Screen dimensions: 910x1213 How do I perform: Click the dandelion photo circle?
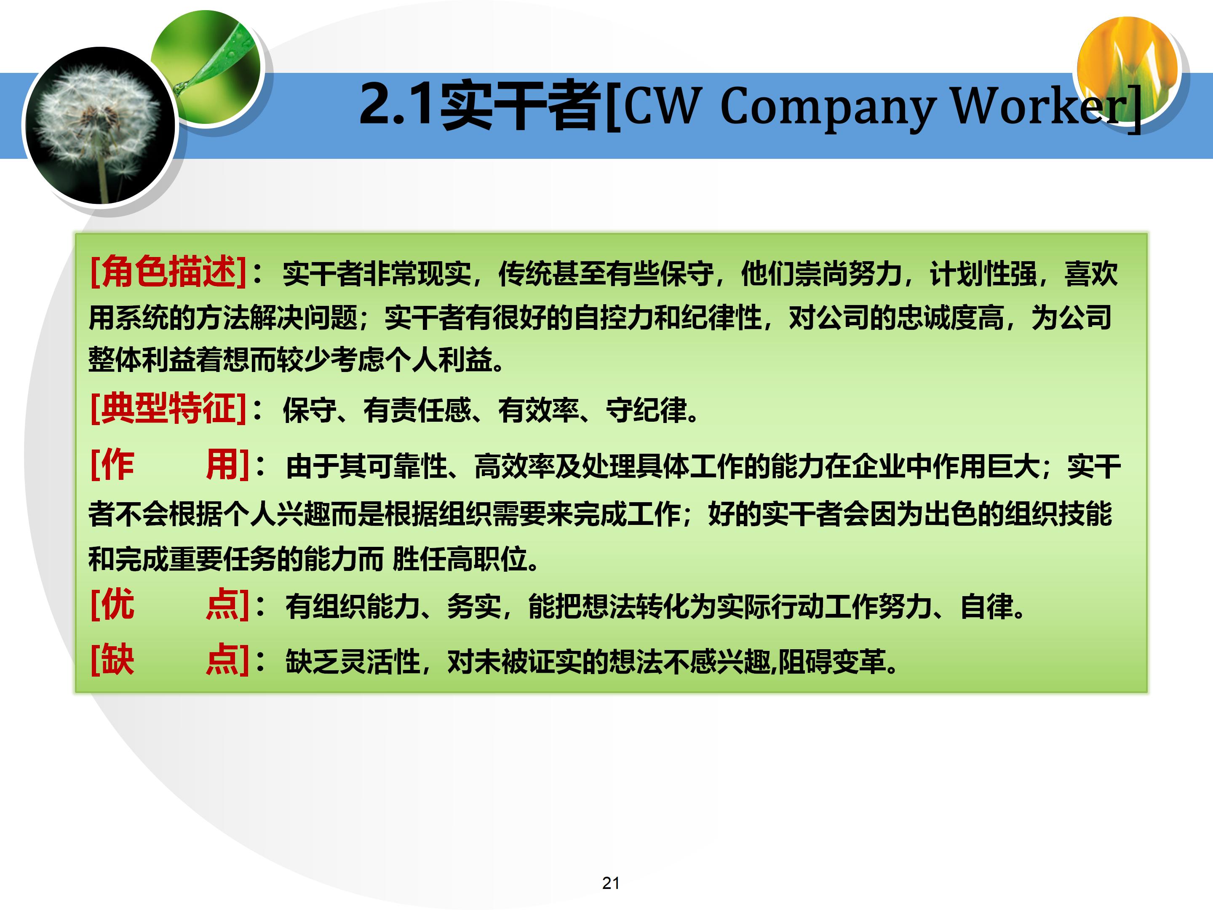pos(100,126)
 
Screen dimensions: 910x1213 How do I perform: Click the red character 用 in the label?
pos(222,465)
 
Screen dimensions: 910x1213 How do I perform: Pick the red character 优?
pos(118,605)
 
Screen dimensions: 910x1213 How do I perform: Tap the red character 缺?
pos(118,660)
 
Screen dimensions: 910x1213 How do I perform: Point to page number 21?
pos(611,883)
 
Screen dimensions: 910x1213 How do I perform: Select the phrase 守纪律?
pos(646,410)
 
